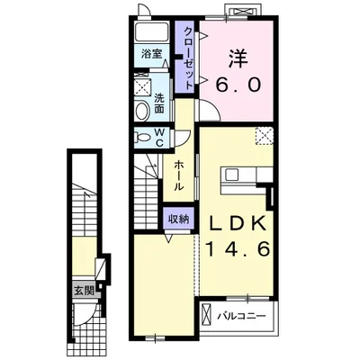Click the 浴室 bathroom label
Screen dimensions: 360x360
click(x=152, y=54)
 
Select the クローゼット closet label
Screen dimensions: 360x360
click(x=188, y=58)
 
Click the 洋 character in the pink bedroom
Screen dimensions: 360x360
click(x=238, y=58)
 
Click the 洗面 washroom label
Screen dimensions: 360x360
click(x=159, y=103)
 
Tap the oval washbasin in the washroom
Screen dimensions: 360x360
click(x=142, y=111)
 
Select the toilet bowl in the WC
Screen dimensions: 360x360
click(x=142, y=138)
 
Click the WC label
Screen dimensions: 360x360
click(x=159, y=138)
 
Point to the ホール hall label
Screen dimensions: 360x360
click(x=179, y=175)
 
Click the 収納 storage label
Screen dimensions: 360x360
click(x=178, y=220)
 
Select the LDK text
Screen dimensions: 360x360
click(x=238, y=223)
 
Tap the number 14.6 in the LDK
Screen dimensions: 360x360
click(x=238, y=249)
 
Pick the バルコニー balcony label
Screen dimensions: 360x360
click(x=242, y=316)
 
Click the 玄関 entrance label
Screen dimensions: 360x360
click(x=85, y=290)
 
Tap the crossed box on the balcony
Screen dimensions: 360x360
click(x=207, y=314)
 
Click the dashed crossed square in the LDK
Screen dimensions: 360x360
click(x=265, y=136)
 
